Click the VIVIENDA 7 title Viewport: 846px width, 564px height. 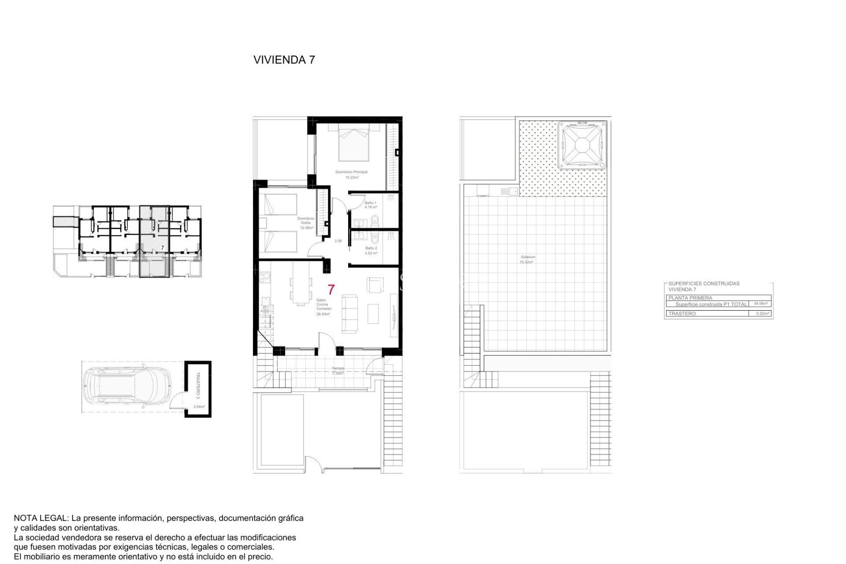click(284, 60)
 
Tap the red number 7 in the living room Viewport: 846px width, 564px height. click(331, 289)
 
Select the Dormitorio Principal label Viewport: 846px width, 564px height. click(351, 172)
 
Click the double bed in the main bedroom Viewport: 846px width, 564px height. click(354, 144)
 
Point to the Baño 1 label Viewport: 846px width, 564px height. click(370, 203)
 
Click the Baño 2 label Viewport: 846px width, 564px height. click(371, 248)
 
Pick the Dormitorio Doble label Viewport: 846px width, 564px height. click(306, 221)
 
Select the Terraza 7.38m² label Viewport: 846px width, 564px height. click(338, 371)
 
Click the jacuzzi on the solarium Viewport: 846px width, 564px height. click(582, 145)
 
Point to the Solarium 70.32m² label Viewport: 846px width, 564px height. click(527, 260)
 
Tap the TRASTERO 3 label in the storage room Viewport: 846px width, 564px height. click(198, 385)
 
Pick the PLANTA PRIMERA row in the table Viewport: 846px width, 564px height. click(690, 298)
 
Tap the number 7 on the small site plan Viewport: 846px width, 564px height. click(162, 248)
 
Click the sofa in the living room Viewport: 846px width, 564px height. click(350, 314)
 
